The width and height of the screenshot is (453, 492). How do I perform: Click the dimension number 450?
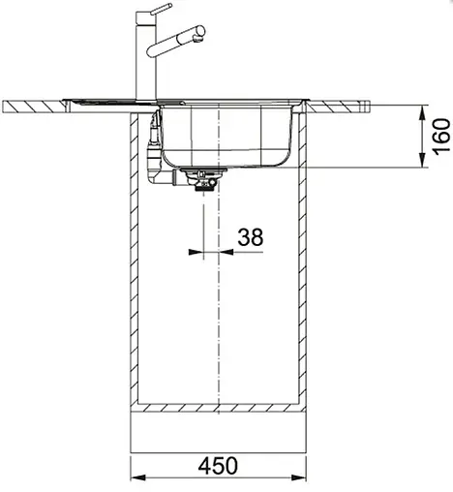pos(218,466)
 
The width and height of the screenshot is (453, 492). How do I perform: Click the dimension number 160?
pos(441,137)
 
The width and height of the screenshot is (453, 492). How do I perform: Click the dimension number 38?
pos(251,237)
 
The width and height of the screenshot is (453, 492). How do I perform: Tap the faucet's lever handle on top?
pos(162,9)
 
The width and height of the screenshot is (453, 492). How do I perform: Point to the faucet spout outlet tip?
pos(197,39)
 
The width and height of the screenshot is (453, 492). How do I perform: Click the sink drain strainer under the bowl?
pos(203,178)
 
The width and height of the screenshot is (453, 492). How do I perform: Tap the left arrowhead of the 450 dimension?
pos(137,477)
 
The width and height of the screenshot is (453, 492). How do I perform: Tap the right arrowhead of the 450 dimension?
pos(299,477)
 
